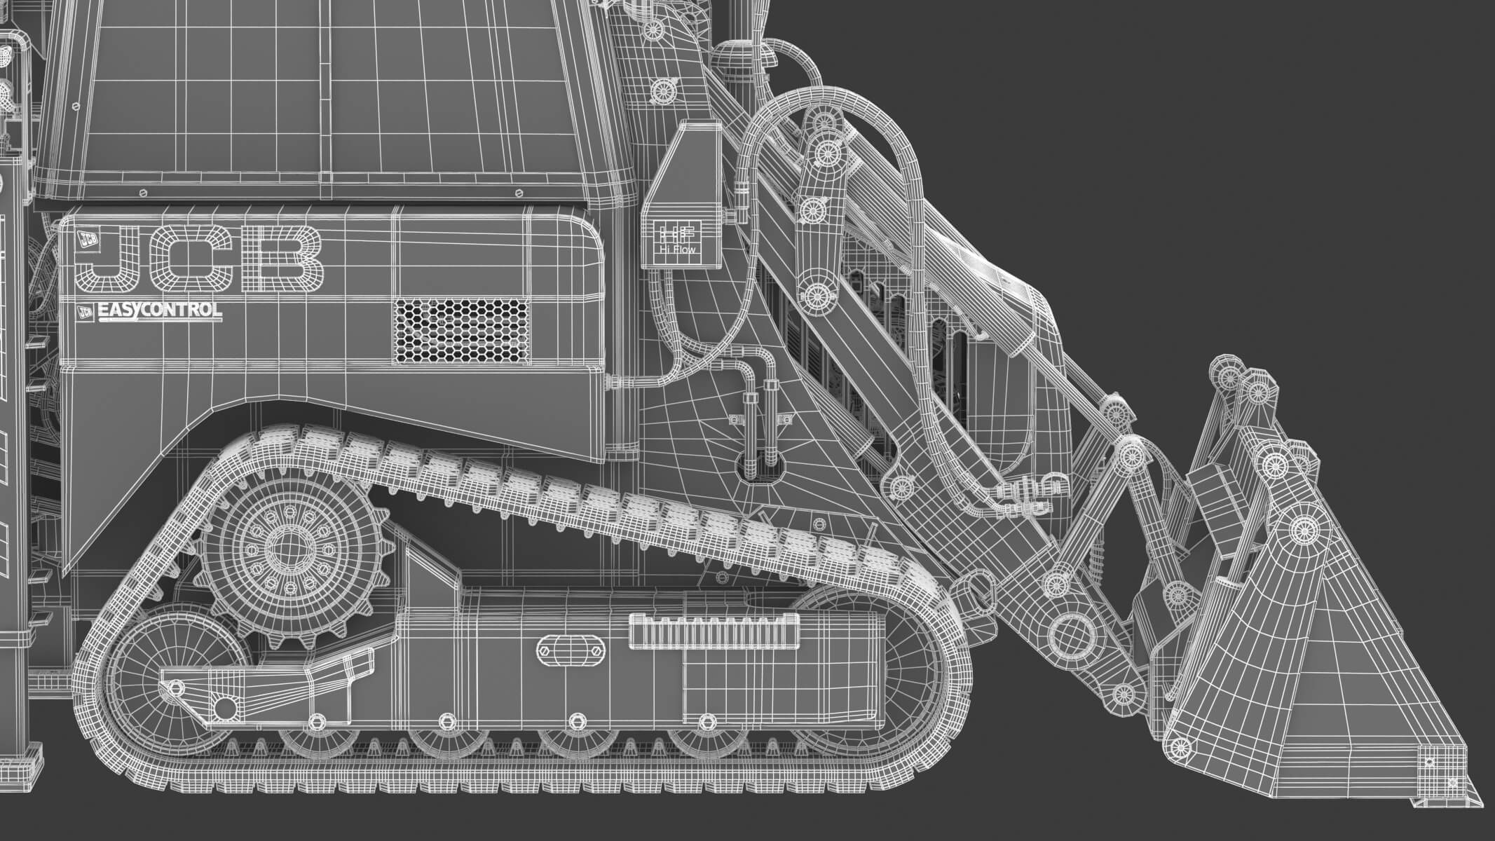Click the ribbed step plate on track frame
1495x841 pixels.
pyautogui.click(x=714, y=629)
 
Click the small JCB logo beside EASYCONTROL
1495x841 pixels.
pyautogui.click(x=86, y=313)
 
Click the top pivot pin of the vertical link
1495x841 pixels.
pyautogui.click(x=828, y=150)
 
